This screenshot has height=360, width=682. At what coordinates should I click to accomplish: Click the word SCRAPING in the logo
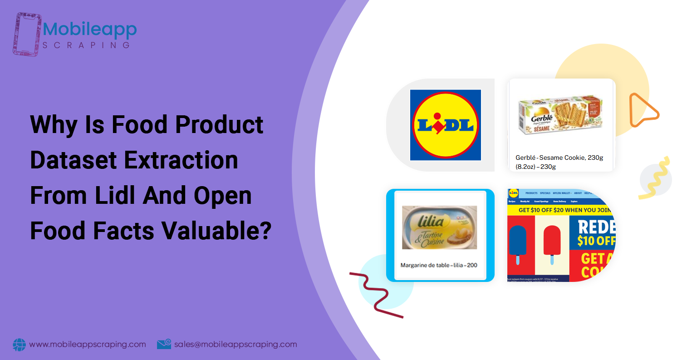coord(87,45)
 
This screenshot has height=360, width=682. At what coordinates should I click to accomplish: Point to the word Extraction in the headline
coord(186,160)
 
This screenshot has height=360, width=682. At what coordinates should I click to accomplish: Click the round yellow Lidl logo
coord(445,125)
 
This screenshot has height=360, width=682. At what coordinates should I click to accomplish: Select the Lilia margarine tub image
coord(440,227)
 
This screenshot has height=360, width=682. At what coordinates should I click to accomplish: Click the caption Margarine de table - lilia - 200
coord(439,265)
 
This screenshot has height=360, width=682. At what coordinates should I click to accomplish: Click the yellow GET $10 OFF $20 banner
coord(560,210)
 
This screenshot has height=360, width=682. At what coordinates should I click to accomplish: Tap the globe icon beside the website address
coord(20,345)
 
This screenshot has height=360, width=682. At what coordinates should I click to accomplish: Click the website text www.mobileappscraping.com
coord(88,345)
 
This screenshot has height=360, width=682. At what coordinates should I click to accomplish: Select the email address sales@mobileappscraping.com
coord(236,345)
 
